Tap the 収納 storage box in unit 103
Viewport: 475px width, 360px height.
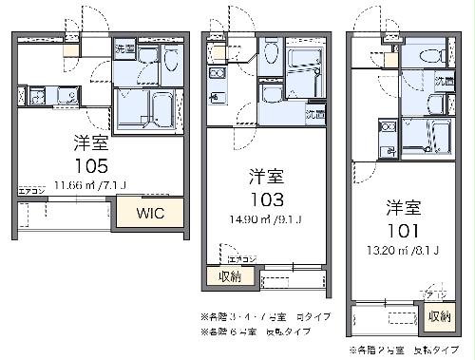[x=227, y=277]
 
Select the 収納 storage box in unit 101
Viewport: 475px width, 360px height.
[x=439, y=316]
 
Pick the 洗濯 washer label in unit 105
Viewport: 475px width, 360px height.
[x=123, y=47]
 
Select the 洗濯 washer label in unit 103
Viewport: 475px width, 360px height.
[x=313, y=114]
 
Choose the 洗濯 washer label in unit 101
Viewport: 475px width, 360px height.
[x=443, y=80]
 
